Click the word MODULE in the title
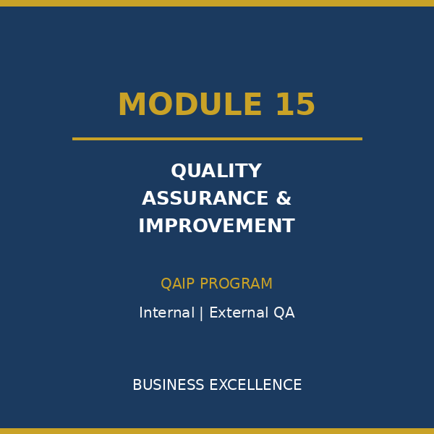pos(190,103)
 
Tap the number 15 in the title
pos(296,103)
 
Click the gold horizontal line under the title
pos(217,139)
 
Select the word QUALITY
pos(216,171)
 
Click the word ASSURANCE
pos(205,198)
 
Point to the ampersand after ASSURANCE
pos(284,198)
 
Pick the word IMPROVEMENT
pos(217,226)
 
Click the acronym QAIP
pos(177,284)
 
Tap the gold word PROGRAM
pos(236,284)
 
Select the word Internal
pos(166,312)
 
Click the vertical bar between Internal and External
pos(201,313)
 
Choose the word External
pos(239,312)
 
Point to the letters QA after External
pos(284,312)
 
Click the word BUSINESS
pos(169,385)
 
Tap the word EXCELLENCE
pos(255,385)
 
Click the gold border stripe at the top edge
pos(217,3)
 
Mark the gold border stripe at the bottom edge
pos(217,431)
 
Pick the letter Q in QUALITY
pos(178,171)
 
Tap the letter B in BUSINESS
pos(137,385)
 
